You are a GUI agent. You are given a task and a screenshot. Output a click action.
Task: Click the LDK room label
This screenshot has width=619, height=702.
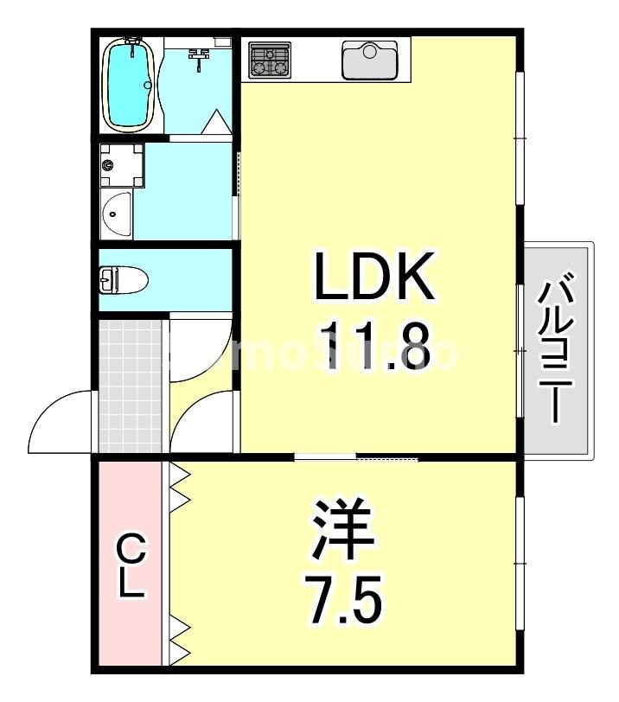point(373,276)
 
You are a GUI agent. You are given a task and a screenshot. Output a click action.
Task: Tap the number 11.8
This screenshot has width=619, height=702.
point(373,345)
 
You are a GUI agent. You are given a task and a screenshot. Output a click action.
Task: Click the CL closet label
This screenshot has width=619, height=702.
point(131,566)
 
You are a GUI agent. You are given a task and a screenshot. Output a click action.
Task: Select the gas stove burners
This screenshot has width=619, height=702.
point(269,61)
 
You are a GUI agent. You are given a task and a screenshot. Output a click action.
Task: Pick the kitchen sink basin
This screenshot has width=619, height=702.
point(369,60)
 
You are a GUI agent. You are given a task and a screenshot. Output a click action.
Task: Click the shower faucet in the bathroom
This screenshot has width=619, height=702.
point(200,58)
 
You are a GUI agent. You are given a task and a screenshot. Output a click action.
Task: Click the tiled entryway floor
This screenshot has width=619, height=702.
point(131,385)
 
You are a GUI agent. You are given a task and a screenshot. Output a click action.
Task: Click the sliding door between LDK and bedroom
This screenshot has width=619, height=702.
point(356,456)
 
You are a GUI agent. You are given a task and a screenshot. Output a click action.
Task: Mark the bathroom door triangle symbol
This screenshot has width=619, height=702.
point(217,124)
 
